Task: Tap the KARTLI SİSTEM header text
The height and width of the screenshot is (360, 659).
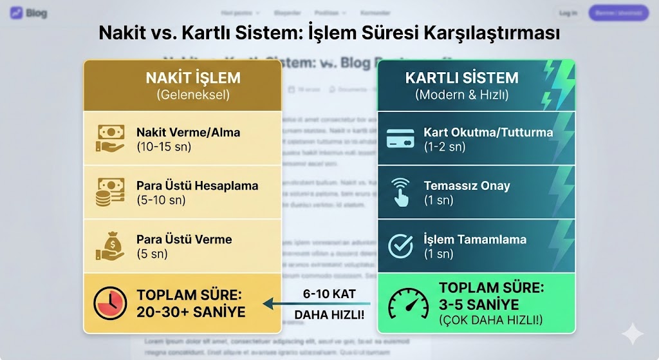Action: coord(461,79)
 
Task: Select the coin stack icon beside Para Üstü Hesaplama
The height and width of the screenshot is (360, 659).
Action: coord(110,192)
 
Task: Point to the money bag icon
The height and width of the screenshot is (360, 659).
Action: coord(110,245)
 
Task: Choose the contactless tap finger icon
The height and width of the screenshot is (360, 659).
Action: coord(400,192)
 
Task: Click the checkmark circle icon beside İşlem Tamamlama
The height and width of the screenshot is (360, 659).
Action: coord(400,245)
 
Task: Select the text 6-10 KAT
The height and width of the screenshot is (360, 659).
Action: coord(329,292)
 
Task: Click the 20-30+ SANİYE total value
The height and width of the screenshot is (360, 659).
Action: coord(191,312)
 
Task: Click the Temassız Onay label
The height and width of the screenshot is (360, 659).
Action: coord(467,186)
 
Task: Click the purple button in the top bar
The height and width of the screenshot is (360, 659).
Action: coord(618,13)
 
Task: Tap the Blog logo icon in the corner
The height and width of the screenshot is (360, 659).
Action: coord(17,13)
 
